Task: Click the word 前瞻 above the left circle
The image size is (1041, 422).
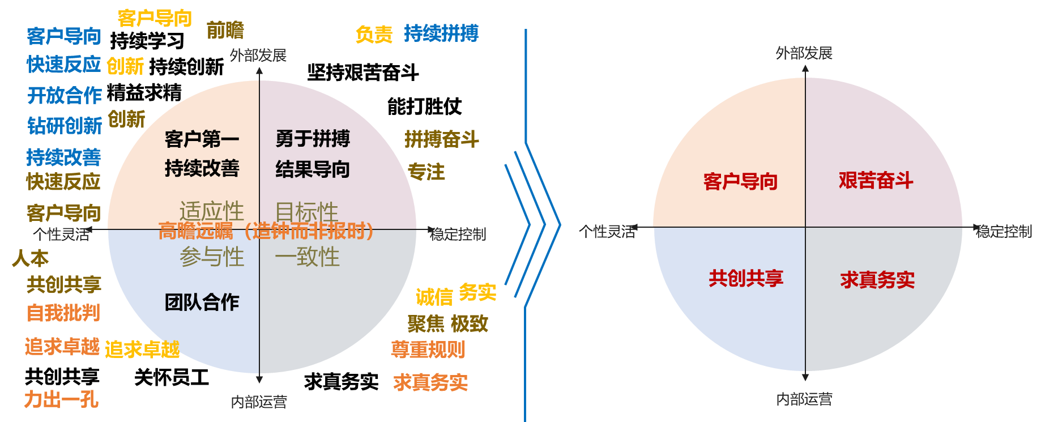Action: point(225,30)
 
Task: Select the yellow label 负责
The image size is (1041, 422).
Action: point(374,35)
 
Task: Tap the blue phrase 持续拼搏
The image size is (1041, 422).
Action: point(441,33)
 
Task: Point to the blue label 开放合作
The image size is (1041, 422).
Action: point(65,95)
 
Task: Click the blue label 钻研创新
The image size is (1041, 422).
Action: point(65,125)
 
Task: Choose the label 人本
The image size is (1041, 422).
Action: point(31,258)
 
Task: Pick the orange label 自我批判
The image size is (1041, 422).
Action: point(63,313)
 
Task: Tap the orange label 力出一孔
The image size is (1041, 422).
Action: point(61,399)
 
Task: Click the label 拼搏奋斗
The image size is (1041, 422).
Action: point(442,139)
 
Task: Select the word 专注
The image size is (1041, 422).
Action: point(426,172)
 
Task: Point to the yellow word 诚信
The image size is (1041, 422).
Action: point(434,296)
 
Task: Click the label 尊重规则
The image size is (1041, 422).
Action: point(428,349)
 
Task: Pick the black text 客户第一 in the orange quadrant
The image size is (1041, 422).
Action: point(202,139)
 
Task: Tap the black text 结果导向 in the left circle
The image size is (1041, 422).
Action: point(313,169)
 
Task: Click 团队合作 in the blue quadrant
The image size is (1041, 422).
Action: point(202,302)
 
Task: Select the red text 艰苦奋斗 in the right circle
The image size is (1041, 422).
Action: point(876,181)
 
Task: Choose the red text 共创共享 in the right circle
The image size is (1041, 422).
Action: point(746,278)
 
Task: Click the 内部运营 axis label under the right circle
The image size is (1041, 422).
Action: point(804,399)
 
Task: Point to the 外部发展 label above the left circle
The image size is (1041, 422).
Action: point(258,56)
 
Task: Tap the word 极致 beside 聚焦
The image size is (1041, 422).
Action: point(469,323)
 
